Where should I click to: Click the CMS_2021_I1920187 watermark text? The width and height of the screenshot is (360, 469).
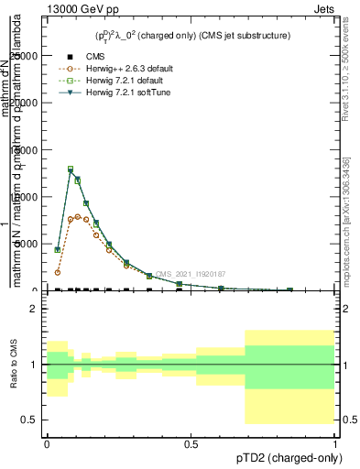tap(190, 274)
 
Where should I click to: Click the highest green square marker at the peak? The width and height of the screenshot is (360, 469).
tap(71, 169)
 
